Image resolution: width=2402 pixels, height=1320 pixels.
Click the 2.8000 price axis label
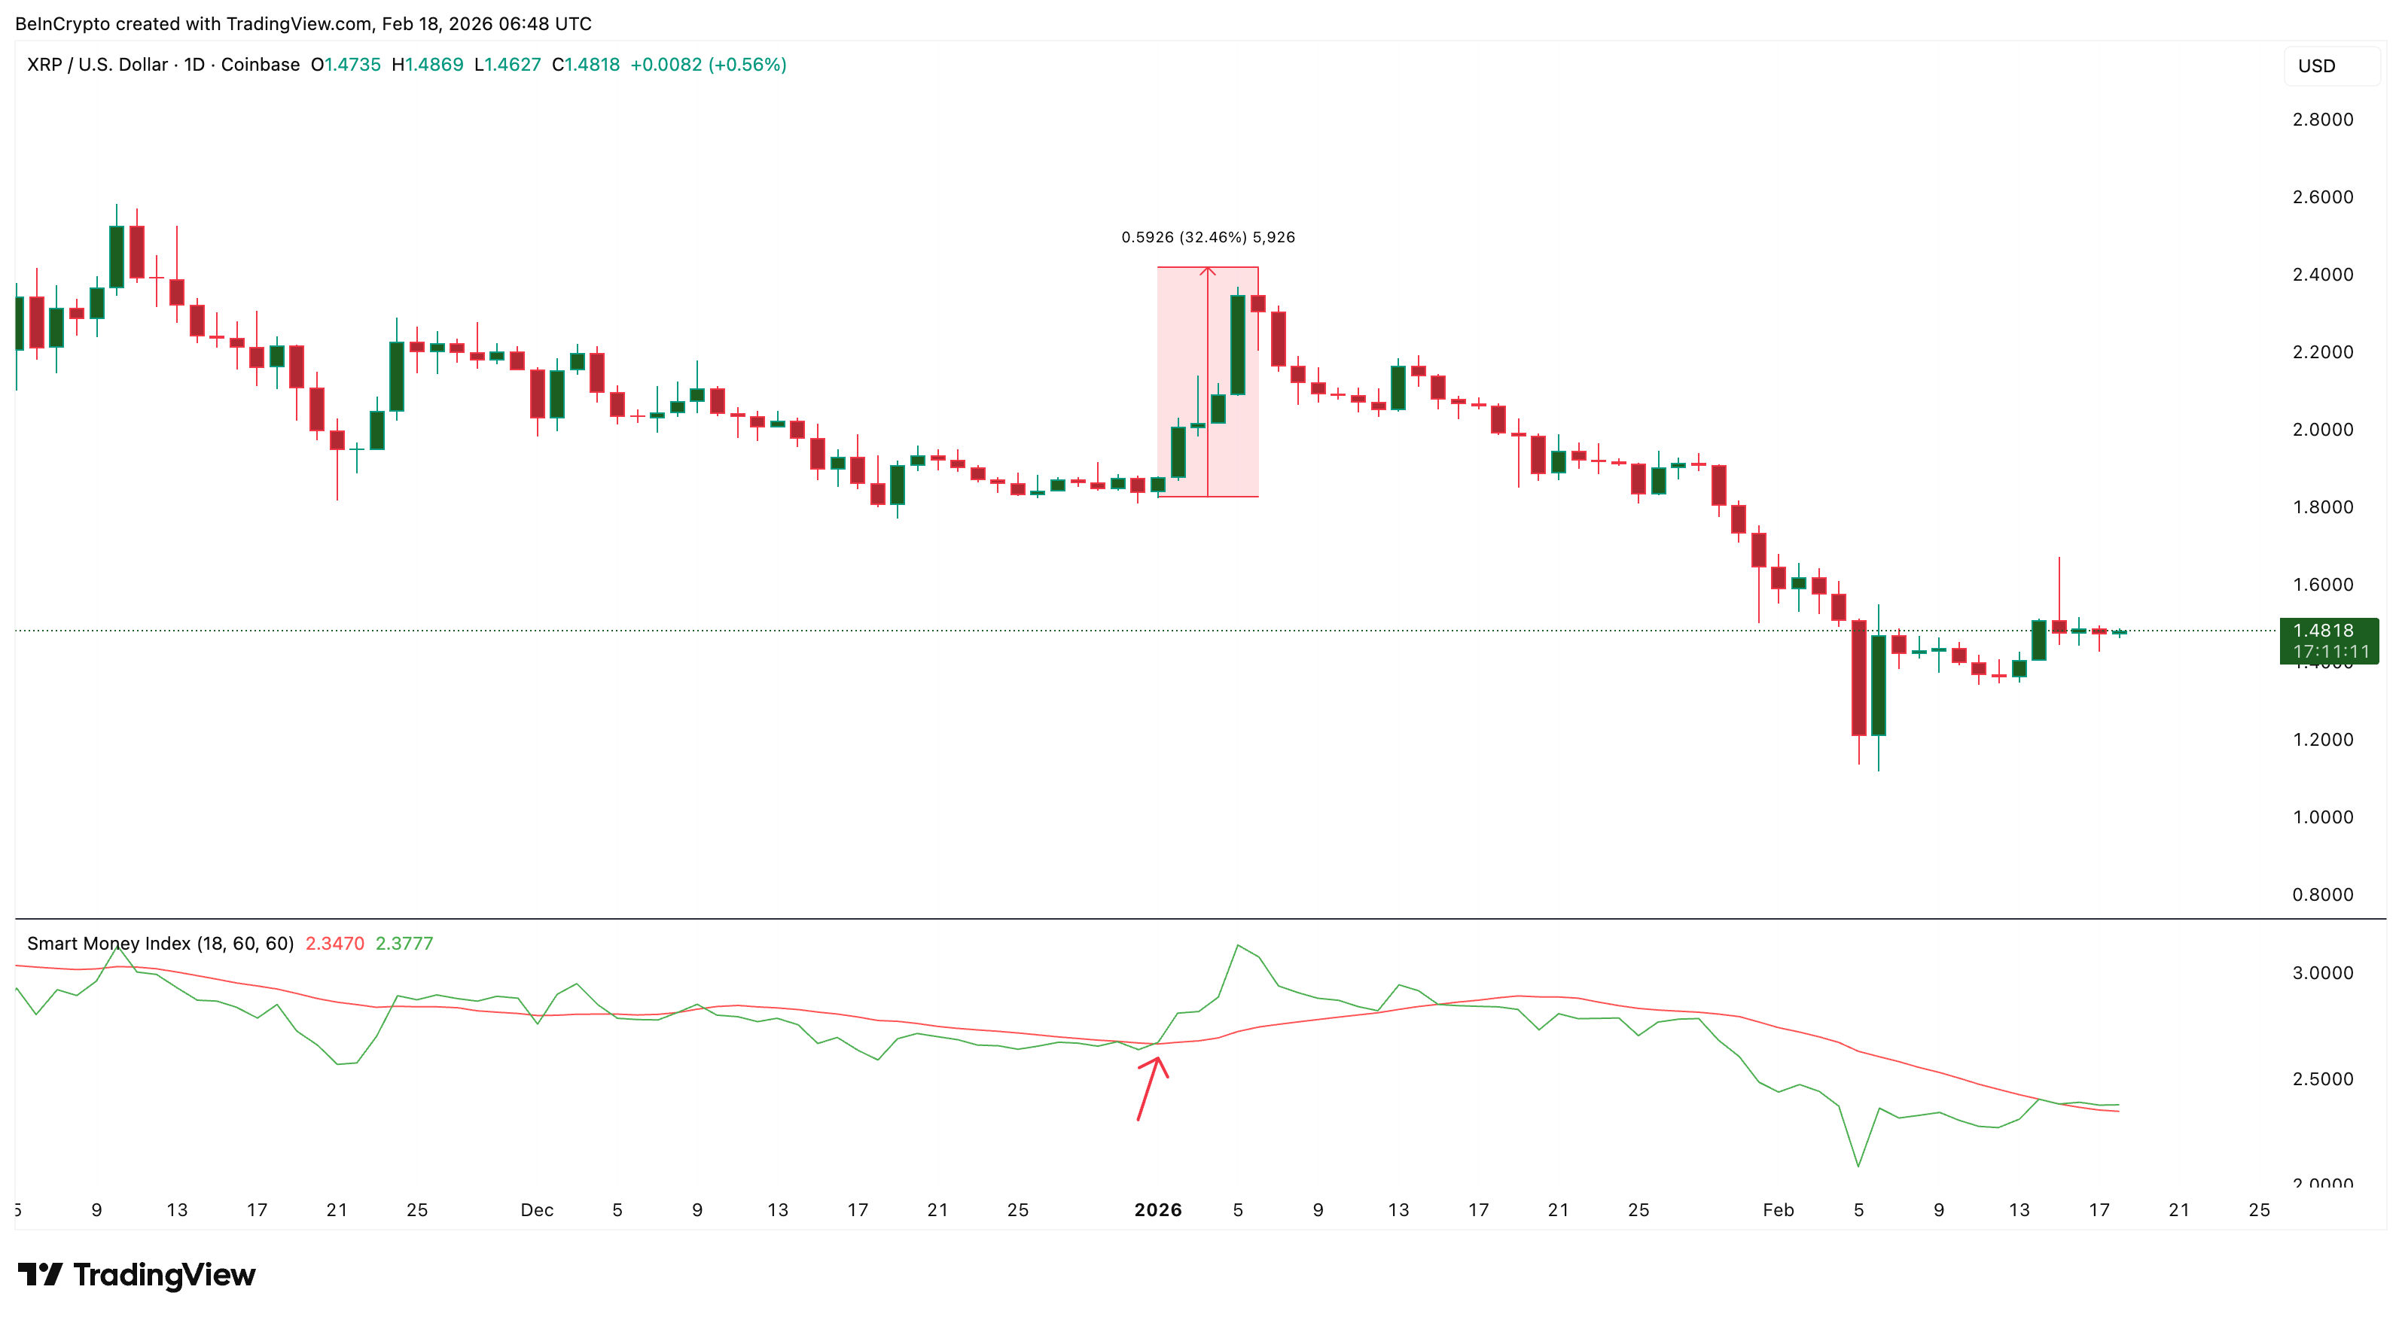tap(2322, 120)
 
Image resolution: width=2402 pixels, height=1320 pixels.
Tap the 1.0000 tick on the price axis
tap(2322, 817)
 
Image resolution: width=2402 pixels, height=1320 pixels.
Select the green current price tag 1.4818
tap(2328, 640)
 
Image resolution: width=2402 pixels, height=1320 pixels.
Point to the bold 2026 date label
tap(1157, 1210)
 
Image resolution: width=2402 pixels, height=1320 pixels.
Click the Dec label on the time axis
tap(537, 1210)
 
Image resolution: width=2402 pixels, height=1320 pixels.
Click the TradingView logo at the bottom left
tap(137, 1274)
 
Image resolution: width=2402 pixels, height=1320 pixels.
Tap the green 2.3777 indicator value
tap(404, 944)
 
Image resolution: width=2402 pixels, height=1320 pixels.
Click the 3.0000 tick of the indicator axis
tap(2322, 973)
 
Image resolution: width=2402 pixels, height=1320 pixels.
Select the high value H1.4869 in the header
tap(427, 64)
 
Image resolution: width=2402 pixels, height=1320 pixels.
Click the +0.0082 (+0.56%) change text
tap(708, 64)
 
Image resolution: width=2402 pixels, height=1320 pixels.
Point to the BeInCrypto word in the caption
tap(62, 23)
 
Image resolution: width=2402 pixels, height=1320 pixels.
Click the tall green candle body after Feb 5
tap(1878, 685)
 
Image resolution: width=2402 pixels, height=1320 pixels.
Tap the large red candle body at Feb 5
tap(1858, 678)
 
